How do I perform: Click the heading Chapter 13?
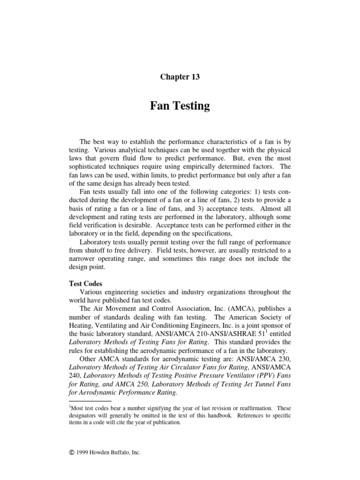click(180, 77)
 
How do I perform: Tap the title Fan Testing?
click(180, 106)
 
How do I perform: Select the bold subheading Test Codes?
click(86, 284)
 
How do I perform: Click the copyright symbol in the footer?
click(71, 453)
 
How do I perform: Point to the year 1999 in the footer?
click(83, 453)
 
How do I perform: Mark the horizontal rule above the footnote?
click(90, 402)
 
